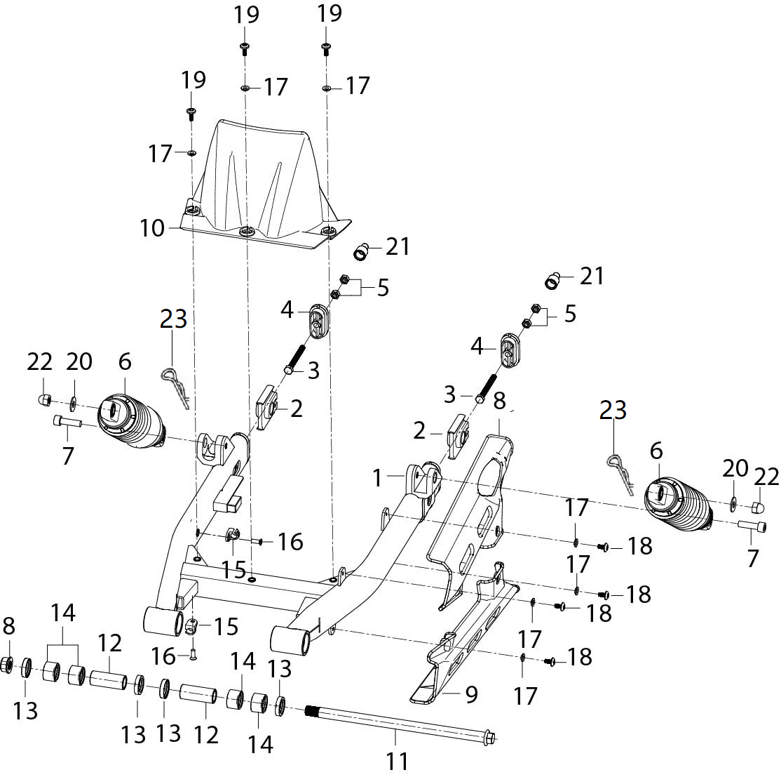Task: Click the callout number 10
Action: tap(152, 228)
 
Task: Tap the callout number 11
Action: tap(397, 762)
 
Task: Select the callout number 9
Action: tap(471, 694)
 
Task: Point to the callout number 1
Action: tap(378, 478)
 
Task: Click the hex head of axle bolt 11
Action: tap(489, 736)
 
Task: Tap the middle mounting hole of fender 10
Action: tap(246, 232)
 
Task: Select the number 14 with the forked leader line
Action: tap(63, 613)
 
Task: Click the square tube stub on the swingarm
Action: tap(228, 493)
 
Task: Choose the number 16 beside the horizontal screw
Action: tap(290, 542)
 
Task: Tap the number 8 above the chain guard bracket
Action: tap(499, 401)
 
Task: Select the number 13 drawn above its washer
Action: tap(280, 670)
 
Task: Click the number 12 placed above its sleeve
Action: tap(109, 644)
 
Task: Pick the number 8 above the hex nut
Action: tap(8, 626)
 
